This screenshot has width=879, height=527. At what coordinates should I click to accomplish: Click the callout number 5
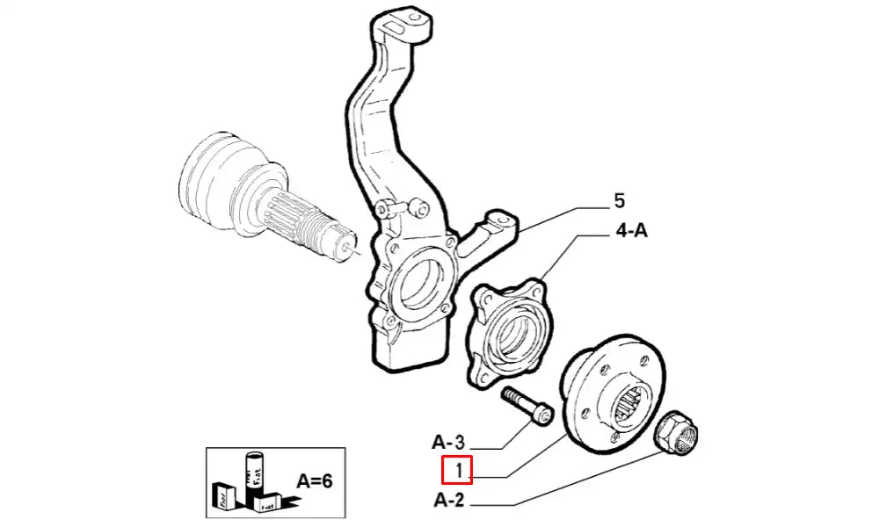619,201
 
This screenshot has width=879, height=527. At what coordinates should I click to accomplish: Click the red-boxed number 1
458,472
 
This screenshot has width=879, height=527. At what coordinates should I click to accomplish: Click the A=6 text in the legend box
314,480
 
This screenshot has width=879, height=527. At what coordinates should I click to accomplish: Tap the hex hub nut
679,431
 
